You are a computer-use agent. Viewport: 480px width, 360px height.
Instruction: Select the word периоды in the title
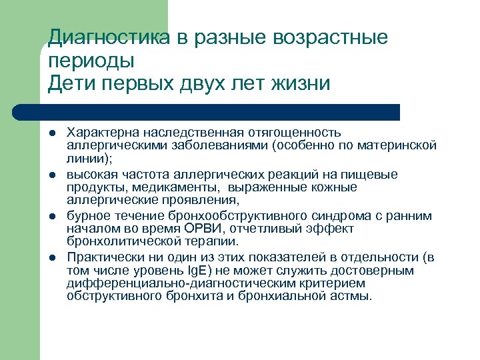(x=91, y=61)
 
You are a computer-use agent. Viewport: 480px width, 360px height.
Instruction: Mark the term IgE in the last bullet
(x=202, y=271)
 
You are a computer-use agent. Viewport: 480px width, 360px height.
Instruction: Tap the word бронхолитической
(x=120, y=241)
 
